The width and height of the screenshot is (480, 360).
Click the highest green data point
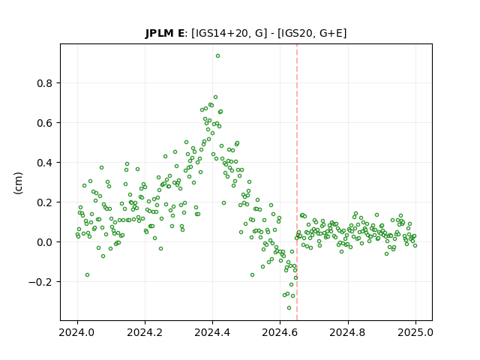[217, 56]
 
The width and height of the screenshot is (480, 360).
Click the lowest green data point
[289, 308]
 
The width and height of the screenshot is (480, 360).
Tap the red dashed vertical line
[297, 182]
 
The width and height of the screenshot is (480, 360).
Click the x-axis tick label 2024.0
[77, 332]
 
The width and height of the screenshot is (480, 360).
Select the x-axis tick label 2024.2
[145, 332]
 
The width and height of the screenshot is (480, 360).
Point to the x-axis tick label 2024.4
[212, 332]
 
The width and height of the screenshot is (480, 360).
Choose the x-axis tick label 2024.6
[280, 332]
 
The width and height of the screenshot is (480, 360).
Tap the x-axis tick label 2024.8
[348, 332]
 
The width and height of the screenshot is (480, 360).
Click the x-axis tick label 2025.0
[415, 332]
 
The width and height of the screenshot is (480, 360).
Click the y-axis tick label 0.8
[44, 83]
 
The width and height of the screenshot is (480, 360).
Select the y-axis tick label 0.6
[44, 123]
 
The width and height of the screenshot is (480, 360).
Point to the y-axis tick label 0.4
[44, 163]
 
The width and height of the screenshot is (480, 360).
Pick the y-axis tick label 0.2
[44, 202]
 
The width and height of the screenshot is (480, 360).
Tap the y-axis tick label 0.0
[44, 242]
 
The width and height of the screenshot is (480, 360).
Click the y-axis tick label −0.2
[40, 282]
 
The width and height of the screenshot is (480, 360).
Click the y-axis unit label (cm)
[18, 183]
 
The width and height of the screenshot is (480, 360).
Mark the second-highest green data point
[215, 97]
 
